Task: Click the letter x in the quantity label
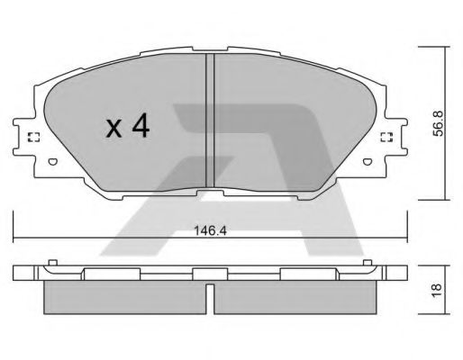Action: tap(113, 129)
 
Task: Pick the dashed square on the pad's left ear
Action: tap(34, 137)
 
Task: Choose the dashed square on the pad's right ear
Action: tap(386, 137)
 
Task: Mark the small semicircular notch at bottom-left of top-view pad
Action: tap(51, 162)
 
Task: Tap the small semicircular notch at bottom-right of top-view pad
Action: tap(369, 162)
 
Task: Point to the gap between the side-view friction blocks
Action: tap(210, 298)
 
